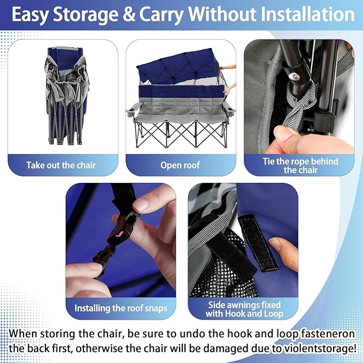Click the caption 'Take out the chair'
click(x=61, y=165)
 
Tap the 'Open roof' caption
click(x=180, y=165)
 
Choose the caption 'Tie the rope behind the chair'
click(x=300, y=166)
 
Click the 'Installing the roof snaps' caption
click(x=121, y=308)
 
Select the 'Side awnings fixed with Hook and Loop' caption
click(x=244, y=309)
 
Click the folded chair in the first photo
click(x=66, y=96)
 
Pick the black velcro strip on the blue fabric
click(x=258, y=243)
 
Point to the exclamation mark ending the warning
click(x=354, y=348)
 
